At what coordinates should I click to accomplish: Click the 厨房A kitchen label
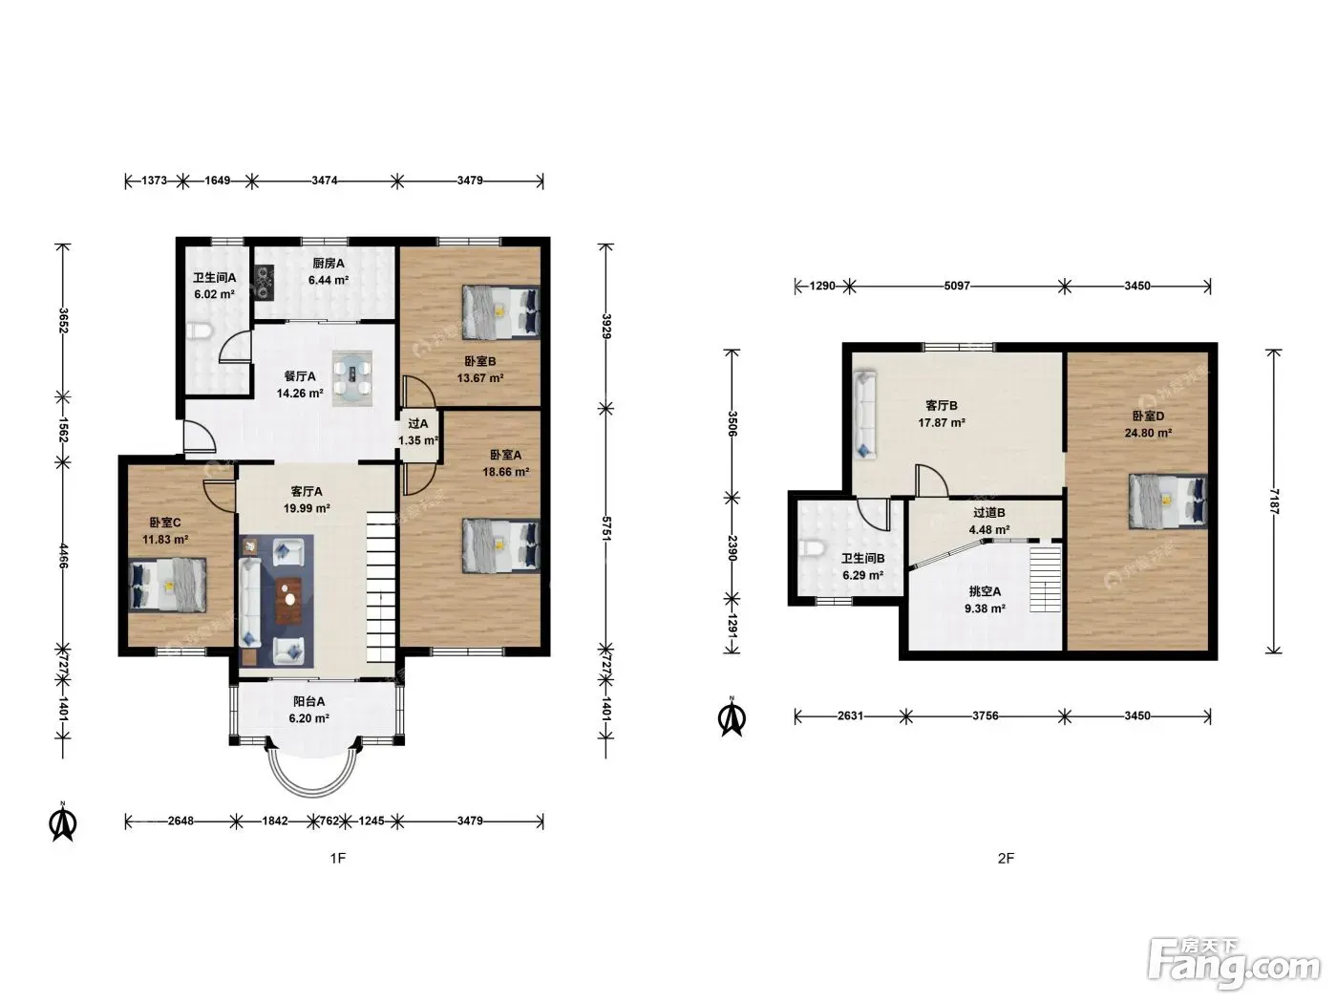click(329, 263)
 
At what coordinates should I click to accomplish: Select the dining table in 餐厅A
click(352, 378)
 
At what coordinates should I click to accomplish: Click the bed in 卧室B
click(500, 311)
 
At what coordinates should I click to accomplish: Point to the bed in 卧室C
click(167, 585)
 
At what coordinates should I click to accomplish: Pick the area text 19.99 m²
click(307, 508)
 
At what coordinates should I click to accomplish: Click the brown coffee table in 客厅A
click(288, 602)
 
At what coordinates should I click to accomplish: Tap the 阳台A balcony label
click(308, 701)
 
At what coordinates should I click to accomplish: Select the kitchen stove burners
click(265, 283)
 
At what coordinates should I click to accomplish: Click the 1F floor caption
click(337, 858)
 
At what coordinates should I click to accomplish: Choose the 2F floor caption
click(1006, 858)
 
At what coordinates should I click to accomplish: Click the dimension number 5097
click(956, 286)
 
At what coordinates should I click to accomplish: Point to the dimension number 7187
click(1274, 501)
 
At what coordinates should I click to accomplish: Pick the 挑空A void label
click(985, 590)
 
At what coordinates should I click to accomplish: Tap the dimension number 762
click(329, 821)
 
